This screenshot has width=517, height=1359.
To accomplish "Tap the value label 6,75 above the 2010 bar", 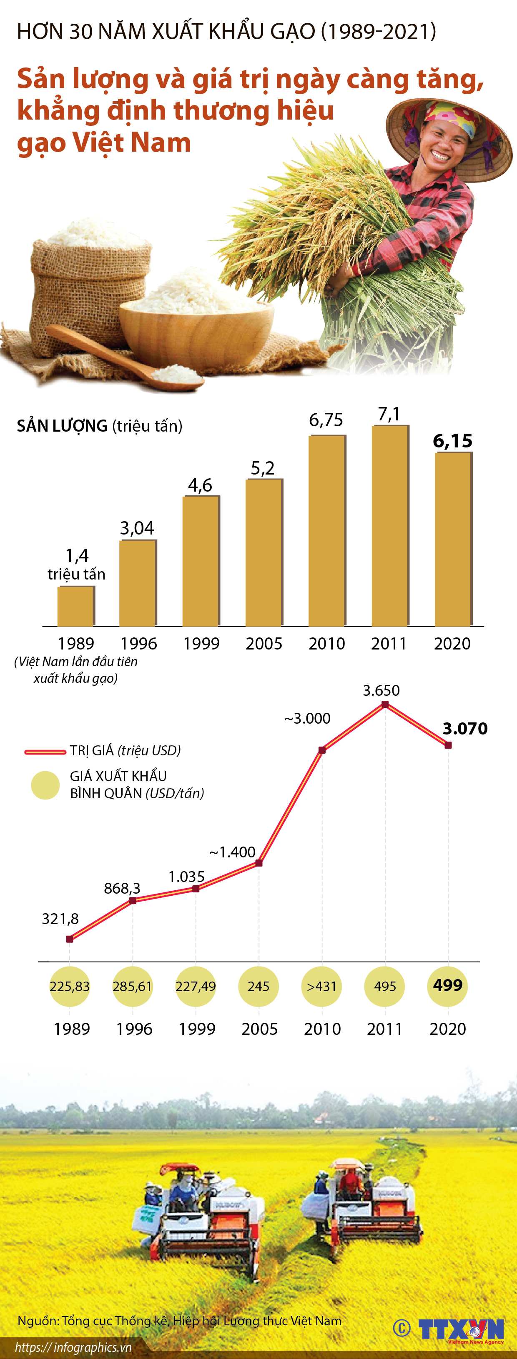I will pyautogui.click(x=326, y=420).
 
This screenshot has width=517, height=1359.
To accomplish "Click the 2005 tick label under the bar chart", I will pyautogui.click(x=264, y=644).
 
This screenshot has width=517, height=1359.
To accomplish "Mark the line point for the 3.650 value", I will pyautogui.click(x=385, y=704).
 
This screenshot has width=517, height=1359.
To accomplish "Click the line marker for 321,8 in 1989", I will pyautogui.click(x=70, y=939).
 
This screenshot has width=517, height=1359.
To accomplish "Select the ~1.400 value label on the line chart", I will pyautogui.click(x=232, y=852).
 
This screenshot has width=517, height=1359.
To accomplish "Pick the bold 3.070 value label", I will pyautogui.click(x=465, y=729).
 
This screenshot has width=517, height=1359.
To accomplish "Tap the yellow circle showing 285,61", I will pyautogui.click(x=133, y=986).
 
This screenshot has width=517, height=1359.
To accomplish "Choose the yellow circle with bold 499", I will pyautogui.click(x=448, y=985).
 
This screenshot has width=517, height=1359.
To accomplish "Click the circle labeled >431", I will pyautogui.click(x=321, y=986).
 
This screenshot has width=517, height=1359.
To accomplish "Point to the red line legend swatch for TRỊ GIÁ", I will pyautogui.click(x=45, y=751).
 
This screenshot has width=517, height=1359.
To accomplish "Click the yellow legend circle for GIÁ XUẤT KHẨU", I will pyautogui.click(x=45, y=785).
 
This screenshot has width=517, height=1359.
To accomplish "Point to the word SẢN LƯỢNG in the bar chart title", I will pyautogui.click(x=62, y=426).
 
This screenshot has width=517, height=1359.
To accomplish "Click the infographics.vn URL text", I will pyautogui.click(x=73, y=1347).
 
